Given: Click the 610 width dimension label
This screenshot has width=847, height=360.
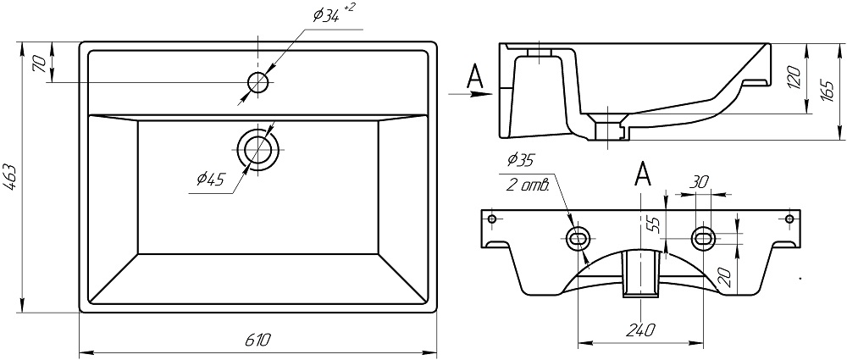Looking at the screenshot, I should (257, 340).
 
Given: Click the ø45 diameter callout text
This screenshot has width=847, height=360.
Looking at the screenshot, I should (209, 179).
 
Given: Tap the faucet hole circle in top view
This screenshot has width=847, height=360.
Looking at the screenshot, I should (257, 82).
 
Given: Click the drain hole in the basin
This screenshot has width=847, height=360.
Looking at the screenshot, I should (257, 150).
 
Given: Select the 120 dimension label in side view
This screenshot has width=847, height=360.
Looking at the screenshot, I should (793, 79).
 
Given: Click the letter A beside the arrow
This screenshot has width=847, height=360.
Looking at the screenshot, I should (476, 77).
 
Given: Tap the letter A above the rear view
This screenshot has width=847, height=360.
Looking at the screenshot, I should (643, 174).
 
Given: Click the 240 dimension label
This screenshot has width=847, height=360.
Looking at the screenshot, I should (640, 330).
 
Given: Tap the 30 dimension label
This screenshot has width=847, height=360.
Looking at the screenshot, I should (700, 182).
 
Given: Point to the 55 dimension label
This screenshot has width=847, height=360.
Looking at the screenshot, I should (652, 224).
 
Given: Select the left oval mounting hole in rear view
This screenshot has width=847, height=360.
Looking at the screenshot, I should (579, 239).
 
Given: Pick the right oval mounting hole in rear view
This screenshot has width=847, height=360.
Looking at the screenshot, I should (702, 238).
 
